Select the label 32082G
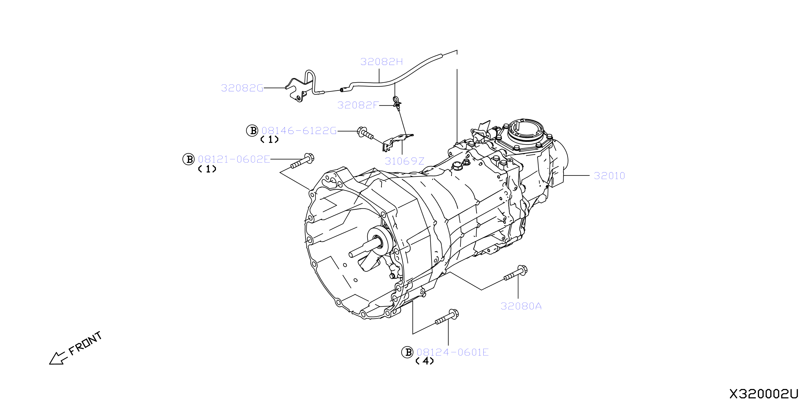[x=242, y=88]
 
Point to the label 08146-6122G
[x=299, y=131]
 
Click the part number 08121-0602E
[x=234, y=159]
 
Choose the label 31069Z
[x=404, y=161]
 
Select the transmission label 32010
[x=609, y=176]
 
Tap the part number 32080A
[x=521, y=306]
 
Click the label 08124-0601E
[x=453, y=352]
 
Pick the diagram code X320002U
[x=763, y=394]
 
